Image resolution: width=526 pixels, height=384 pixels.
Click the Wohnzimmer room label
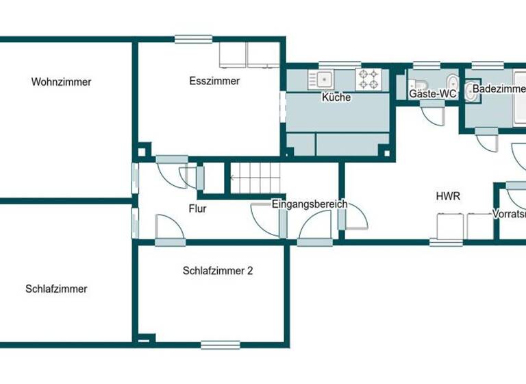coord(61,82)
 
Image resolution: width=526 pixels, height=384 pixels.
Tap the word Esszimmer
coord(214,81)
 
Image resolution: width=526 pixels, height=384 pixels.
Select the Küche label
coord(336,97)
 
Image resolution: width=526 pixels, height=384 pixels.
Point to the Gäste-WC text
coord(432,93)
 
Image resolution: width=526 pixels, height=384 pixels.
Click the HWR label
coord(448,196)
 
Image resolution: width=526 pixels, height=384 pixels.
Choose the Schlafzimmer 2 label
coord(218,271)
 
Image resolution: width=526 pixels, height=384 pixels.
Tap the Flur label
coord(197,208)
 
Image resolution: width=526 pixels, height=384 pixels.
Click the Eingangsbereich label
coord(310,204)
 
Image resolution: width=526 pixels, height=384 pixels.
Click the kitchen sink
coord(321,79)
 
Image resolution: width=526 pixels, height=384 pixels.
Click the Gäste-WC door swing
coord(431,115)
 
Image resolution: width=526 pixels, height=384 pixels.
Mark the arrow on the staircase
coord(233,179)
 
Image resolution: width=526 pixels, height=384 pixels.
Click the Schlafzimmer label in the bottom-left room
coord(56,289)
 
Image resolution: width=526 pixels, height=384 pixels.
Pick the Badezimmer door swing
coord(488,141)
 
